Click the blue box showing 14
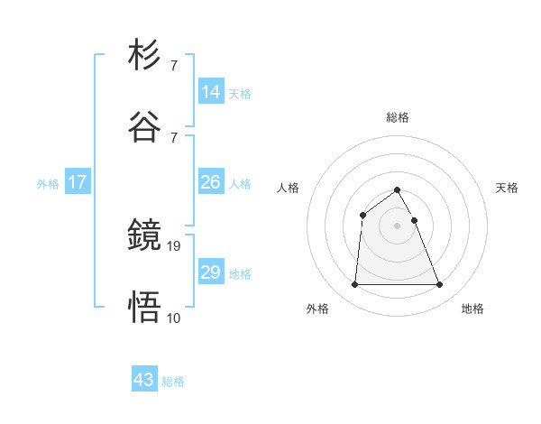pyautogui.click(x=211, y=92)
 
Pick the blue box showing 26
pyautogui.click(x=211, y=182)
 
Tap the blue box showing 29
pyautogui.click(x=211, y=272)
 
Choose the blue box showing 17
pyautogui.click(x=78, y=182)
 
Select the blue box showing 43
pyautogui.click(x=144, y=381)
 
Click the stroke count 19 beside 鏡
pyautogui.click(x=175, y=244)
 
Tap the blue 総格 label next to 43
pyautogui.click(x=173, y=382)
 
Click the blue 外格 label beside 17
pyautogui.click(x=48, y=183)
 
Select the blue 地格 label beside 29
pyautogui.click(x=240, y=273)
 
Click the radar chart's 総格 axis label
pyautogui.click(x=398, y=117)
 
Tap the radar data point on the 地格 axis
pyautogui.click(x=440, y=285)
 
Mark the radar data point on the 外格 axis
pyautogui.click(x=354, y=285)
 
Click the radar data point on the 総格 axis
pyautogui.click(x=398, y=190)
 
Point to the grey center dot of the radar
pyautogui.click(x=398, y=225)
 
